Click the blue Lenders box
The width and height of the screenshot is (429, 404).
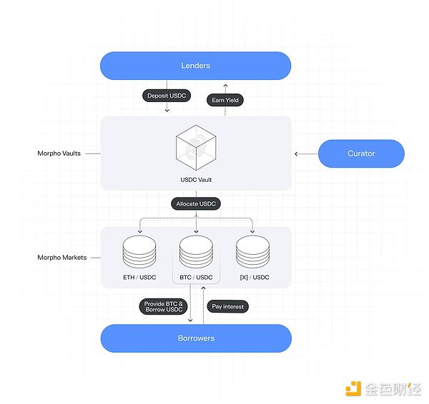(x=195, y=66)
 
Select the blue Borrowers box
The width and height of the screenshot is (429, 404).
(x=195, y=338)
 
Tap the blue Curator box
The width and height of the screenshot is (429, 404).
(x=361, y=153)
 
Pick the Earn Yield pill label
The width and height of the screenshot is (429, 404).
(x=225, y=101)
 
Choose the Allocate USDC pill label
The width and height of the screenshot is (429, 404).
(x=197, y=204)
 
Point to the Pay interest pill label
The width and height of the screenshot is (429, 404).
(x=229, y=306)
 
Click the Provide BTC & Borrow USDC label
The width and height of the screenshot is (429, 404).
(x=164, y=307)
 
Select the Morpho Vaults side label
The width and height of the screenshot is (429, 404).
(x=59, y=153)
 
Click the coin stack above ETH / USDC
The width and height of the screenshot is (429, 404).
(x=139, y=252)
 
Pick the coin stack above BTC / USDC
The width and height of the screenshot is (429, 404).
(x=195, y=252)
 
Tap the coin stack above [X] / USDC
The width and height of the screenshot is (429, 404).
(x=252, y=252)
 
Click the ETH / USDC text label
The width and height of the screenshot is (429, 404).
(x=139, y=277)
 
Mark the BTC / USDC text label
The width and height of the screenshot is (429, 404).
(x=195, y=277)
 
